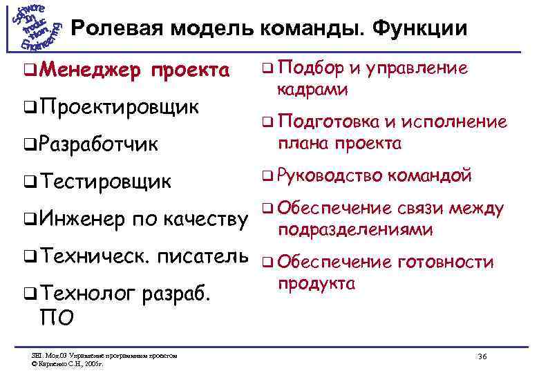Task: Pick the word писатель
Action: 203,257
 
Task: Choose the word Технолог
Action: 88,295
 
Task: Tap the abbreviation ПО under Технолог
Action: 55,318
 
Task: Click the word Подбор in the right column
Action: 310,68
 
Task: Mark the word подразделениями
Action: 355,229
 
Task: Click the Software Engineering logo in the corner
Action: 35,28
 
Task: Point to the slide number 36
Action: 482,356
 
